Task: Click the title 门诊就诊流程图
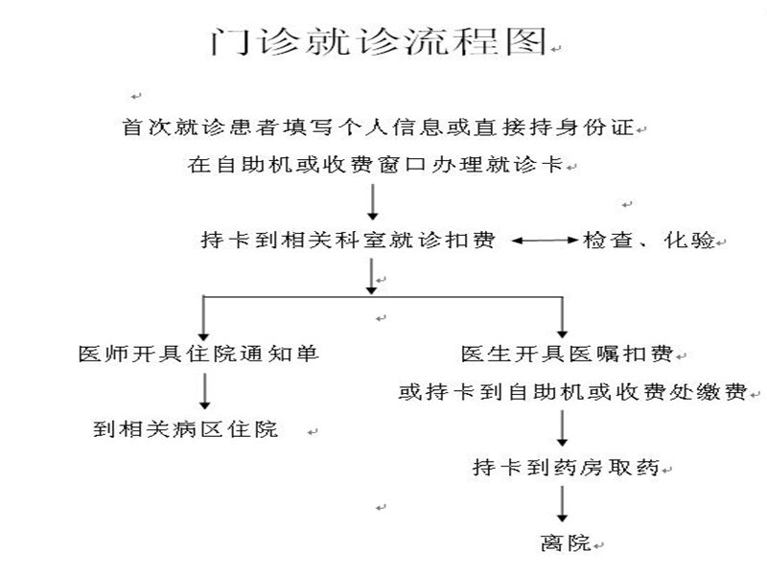click(x=379, y=42)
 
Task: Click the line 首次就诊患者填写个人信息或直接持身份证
click(x=378, y=126)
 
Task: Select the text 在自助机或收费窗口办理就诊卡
click(x=378, y=165)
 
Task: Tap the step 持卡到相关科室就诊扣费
click(x=349, y=241)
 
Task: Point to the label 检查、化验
click(x=649, y=241)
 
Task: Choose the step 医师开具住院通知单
click(x=198, y=354)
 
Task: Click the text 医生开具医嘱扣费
click(x=568, y=354)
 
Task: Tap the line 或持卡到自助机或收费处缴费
click(x=573, y=392)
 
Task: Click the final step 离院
click(x=564, y=543)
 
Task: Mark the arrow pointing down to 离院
click(x=563, y=506)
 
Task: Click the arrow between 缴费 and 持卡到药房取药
click(x=563, y=429)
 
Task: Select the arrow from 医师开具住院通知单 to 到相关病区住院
click(x=204, y=391)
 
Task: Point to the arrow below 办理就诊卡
click(x=372, y=202)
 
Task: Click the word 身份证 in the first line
click(x=600, y=126)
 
